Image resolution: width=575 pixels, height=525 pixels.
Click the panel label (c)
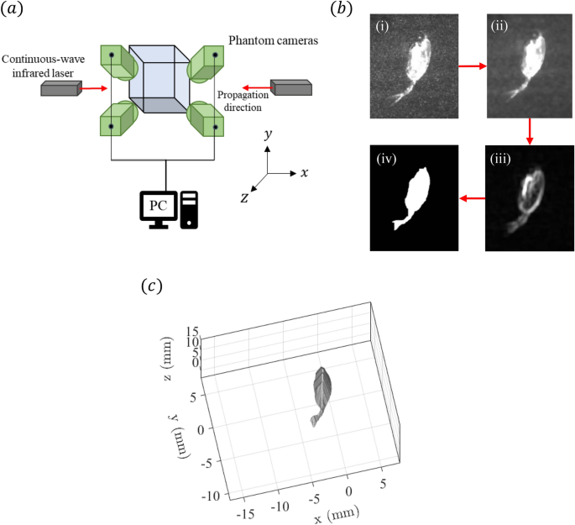click(x=150, y=286)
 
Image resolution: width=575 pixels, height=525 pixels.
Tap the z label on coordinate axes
click(x=243, y=197)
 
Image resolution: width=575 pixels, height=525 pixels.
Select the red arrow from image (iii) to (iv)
click(x=472, y=199)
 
